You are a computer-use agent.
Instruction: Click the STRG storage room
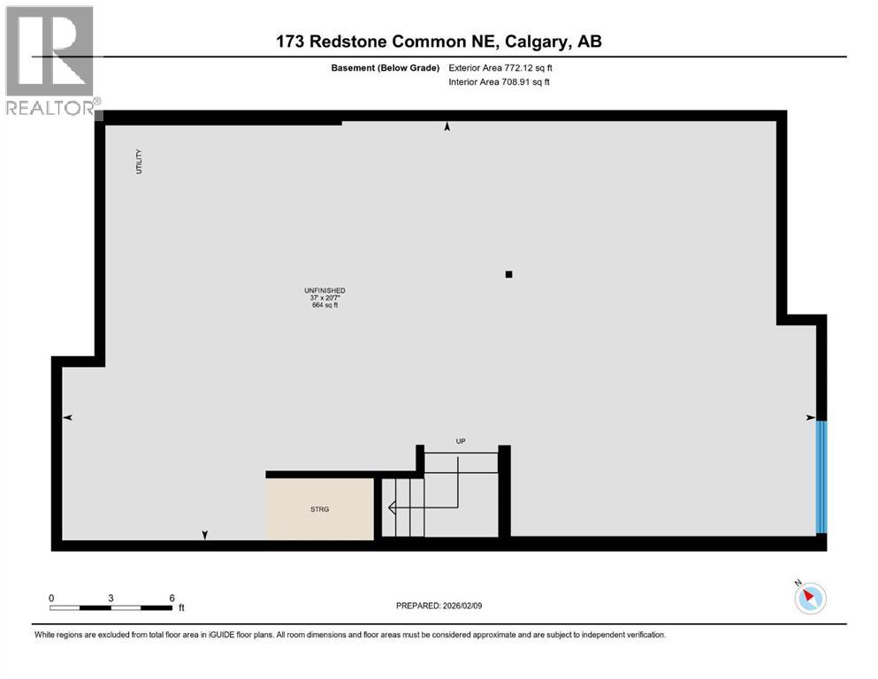tap(319, 508)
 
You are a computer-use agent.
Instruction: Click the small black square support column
tap(508, 274)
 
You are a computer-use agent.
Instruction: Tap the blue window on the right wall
tap(821, 477)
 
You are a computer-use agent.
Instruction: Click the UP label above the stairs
tap(460, 441)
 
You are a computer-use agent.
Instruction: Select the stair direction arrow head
tap(389, 507)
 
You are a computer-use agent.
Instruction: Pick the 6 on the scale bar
tap(172, 598)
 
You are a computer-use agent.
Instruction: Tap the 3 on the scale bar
tap(111, 598)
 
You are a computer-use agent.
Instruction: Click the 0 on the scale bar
tap(51, 598)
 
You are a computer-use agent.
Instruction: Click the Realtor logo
tap(50, 60)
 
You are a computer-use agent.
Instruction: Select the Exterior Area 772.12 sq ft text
tap(501, 67)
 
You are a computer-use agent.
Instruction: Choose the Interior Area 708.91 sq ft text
tap(500, 82)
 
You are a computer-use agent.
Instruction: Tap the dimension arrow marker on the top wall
tap(447, 128)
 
